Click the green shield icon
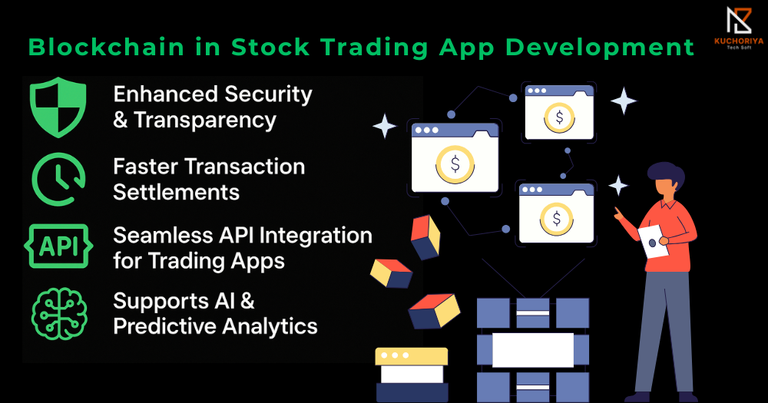point(58,107)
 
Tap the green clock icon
point(58,179)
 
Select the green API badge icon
point(58,246)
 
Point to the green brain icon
point(59,314)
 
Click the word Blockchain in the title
point(106,48)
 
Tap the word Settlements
point(177,192)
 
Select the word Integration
point(316,236)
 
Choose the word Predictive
point(171,326)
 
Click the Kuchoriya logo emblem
point(739,21)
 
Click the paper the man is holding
point(654,241)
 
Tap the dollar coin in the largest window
point(455,164)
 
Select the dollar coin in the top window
point(559,117)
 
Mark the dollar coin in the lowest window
point(556,219)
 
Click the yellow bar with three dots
point(412,356)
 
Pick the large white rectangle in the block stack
point(533,350)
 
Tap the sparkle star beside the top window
point(624,101)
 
